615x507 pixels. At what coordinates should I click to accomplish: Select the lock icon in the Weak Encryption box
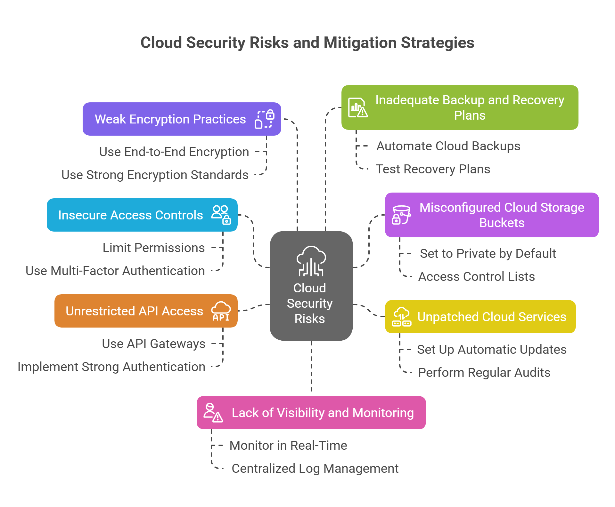tap(265, 119)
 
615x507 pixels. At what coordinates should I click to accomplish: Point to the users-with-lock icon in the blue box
tap(221, 215)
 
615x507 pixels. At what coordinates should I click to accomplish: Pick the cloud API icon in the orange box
tap(221, 311)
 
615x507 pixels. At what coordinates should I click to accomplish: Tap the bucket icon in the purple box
tap(401, 215)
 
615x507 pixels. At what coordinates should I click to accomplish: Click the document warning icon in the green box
tap(358, 108)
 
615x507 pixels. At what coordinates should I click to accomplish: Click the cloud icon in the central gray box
tap(311, 261)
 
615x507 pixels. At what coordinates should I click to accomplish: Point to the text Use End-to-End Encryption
tap(174, 152)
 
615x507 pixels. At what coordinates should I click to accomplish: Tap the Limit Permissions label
tap(153, 248)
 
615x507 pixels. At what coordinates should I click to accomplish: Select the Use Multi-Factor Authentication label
tap(115, 271)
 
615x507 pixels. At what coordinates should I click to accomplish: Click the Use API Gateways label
tap(153, 344)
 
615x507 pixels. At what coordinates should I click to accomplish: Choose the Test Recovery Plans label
tap(433, 169)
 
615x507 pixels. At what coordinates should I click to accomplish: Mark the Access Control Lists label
tap(476, 277)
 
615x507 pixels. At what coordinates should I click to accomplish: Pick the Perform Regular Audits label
tap(484, 373)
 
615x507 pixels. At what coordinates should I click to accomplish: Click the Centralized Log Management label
tap(315, 469)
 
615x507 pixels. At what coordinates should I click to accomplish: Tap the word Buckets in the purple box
tap(502, 223)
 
